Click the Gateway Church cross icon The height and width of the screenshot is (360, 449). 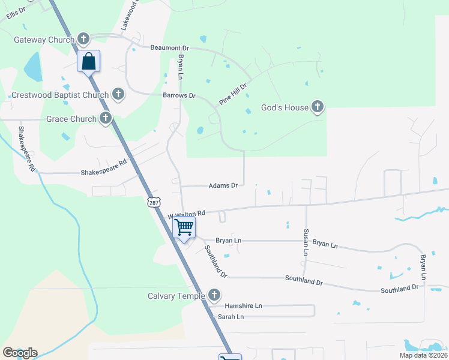(x=83, y=40)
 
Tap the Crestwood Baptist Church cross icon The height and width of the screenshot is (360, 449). (x=118, y=94)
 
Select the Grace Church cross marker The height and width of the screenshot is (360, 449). (x=106, y=118)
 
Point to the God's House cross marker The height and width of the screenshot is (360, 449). (x=318, y=107)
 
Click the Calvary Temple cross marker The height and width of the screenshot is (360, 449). (x=214, y=295)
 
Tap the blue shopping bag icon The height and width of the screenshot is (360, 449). (x=88, y=61)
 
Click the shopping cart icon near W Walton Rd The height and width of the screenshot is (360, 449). (x=184, y=227)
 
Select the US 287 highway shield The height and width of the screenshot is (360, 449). (x=153, y=203)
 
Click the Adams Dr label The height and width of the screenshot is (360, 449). (x=223, y=186)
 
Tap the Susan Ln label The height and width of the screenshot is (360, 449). (x=306, y=242)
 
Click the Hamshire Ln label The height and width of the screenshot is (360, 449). (x=243, y=305)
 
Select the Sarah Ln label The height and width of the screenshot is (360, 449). (x=231, y=316)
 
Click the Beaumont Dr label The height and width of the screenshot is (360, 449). (x=169, y=47)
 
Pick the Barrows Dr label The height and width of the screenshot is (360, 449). (x=179, y=95)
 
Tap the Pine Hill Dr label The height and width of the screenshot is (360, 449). (x=233, y=94)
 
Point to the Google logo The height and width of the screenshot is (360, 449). (x=20, y=353)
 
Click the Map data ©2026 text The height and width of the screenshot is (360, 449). (x=423, y=355)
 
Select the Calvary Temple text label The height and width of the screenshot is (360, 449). (x=177, y=296)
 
